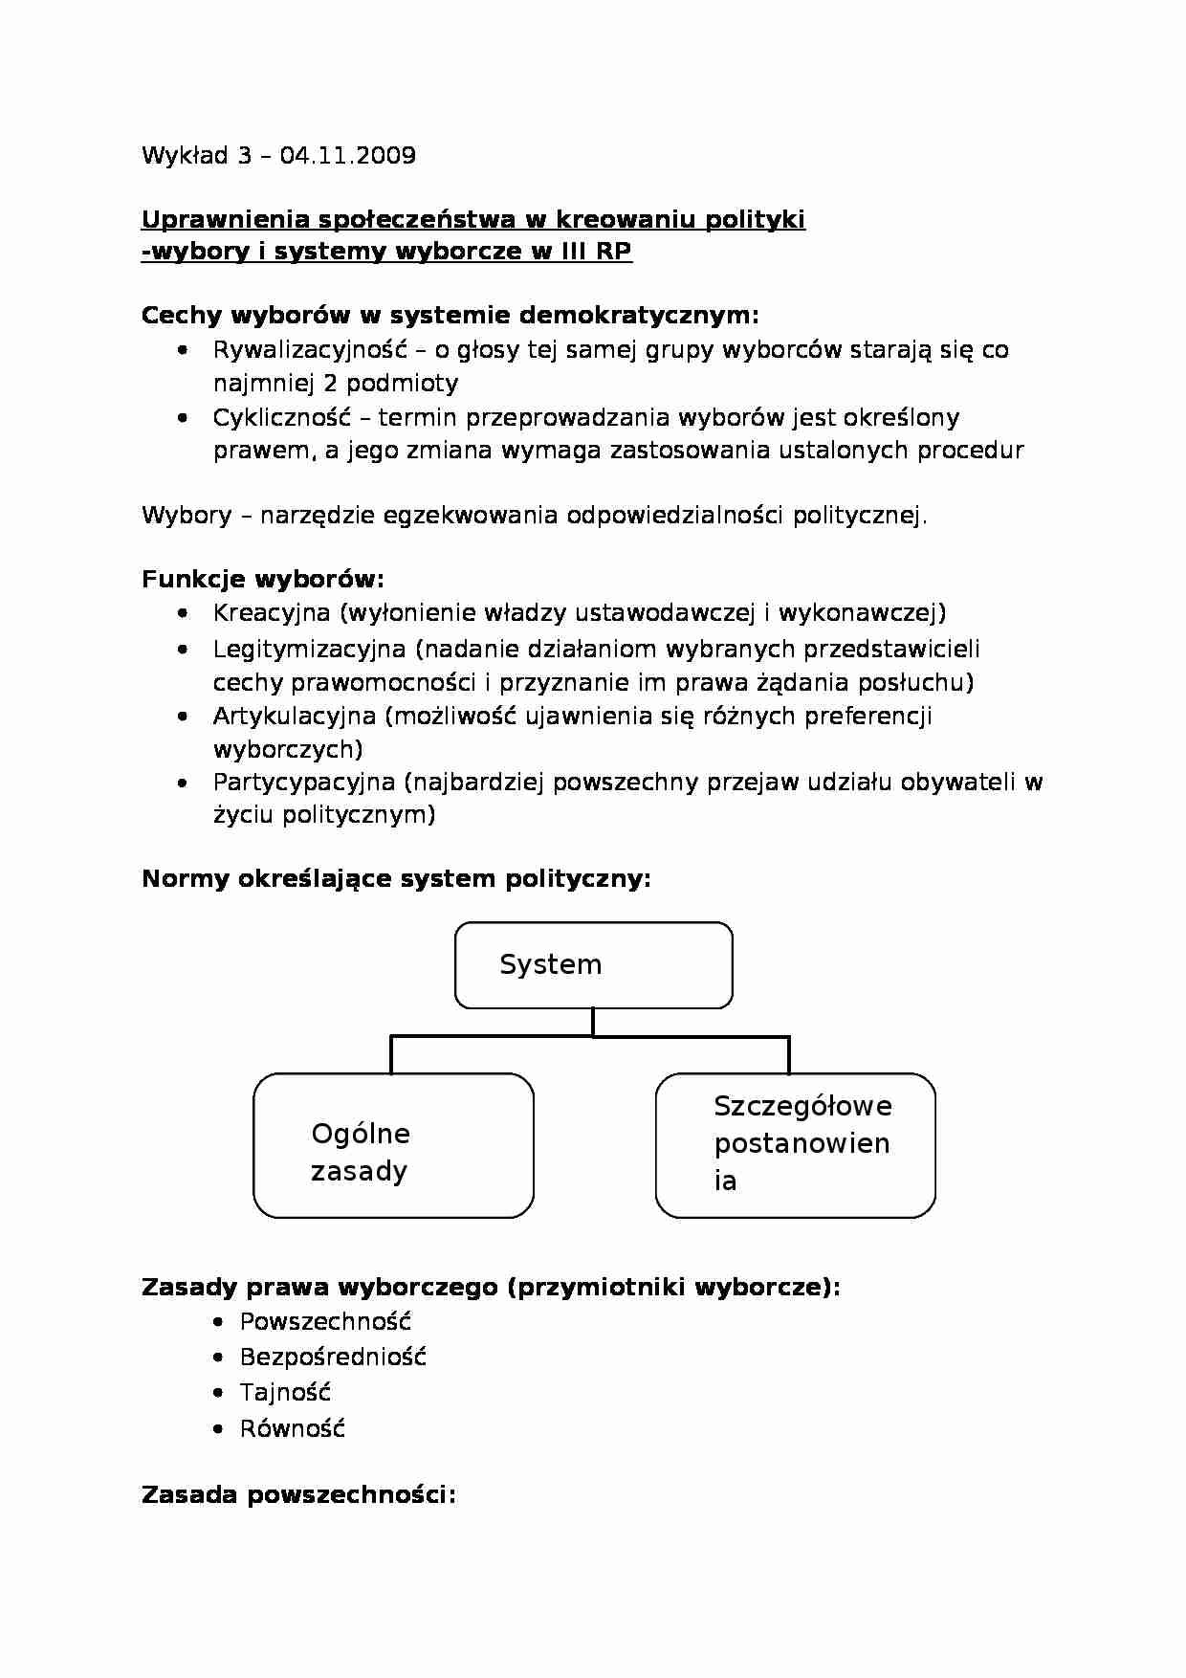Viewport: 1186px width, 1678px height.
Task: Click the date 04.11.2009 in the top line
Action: tap(348, 156)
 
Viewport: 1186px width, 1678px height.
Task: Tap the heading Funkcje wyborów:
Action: tap(263, 579)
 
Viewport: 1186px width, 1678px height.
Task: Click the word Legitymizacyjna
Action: tap(309, 650)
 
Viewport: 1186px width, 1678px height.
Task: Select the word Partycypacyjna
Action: tap(304, 783)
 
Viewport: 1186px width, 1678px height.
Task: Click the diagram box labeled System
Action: tap(593, 965)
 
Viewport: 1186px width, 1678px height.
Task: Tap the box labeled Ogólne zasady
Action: tap(393, 1145)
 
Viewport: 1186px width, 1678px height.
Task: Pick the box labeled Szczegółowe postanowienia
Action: tap(795, 1145)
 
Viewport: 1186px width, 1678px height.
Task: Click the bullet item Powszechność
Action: tap(325, 1322)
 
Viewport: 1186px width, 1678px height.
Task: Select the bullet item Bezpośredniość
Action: tap(333, 1358)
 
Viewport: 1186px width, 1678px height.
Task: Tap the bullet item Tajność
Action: tap(285, 1393)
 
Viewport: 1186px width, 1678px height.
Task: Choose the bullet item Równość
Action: tap(292, 1429)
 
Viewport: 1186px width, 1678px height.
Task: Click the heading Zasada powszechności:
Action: tap(298, 1494)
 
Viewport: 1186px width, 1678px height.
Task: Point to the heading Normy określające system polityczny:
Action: tap(396, 878)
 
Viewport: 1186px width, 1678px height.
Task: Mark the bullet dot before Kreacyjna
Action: tap(183, 614)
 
